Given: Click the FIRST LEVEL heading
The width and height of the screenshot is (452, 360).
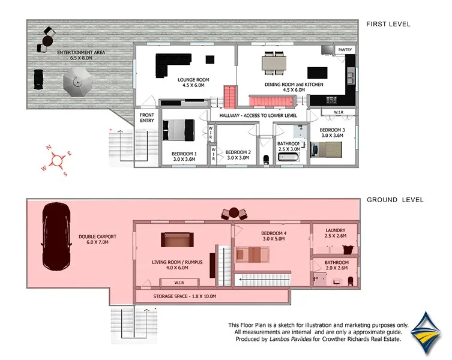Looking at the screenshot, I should click(388, 24).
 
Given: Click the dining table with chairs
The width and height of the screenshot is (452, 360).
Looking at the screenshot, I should click(274, 62).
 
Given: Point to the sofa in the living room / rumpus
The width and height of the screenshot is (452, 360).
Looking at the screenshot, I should click(178, 240).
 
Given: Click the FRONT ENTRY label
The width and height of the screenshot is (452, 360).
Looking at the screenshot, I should click(146, 118).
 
